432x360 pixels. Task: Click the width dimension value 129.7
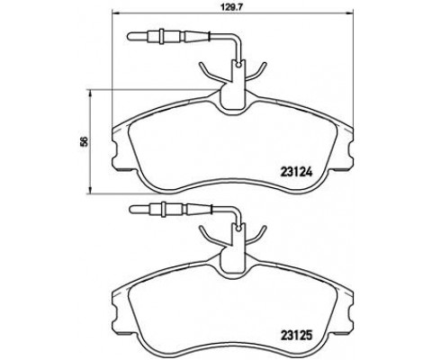tap(232, 5)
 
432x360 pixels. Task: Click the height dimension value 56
tap(84, 141)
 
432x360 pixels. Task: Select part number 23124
tap(296, 172)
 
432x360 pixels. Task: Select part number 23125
tap(296, 335)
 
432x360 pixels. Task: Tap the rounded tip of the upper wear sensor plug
tap(129, 36)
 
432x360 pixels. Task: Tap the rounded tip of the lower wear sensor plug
tap(130, 209)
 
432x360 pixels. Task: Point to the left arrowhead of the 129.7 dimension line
tap(114, 13)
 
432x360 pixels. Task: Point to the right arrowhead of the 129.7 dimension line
tap(350, 13)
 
